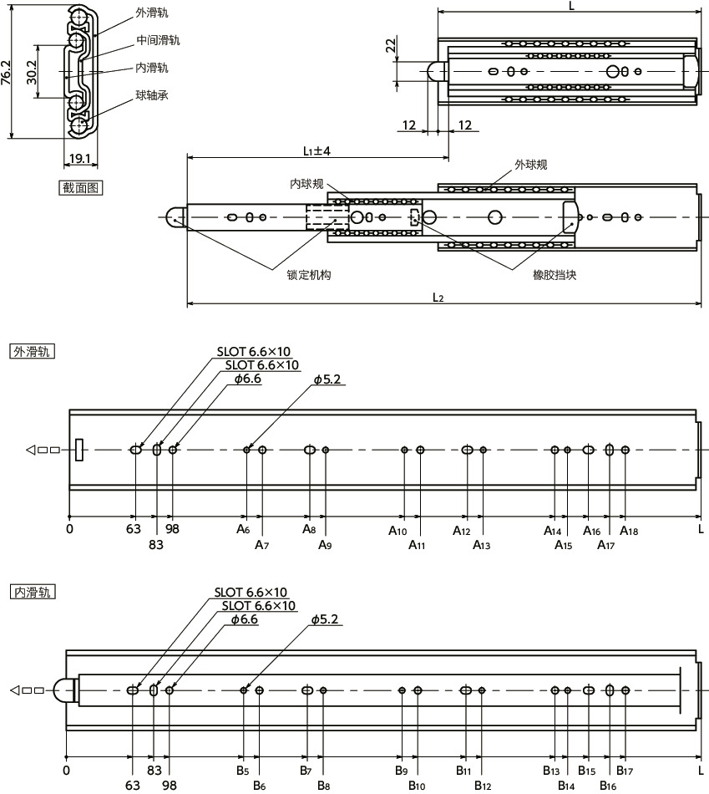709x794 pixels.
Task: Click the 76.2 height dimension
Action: (x=7, y=74)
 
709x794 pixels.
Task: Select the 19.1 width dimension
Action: (x=80, y=157)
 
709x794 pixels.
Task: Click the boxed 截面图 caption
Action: (x=80, y=187)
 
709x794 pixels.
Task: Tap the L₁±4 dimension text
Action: (x=317, y=151)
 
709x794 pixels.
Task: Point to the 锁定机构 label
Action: (x=308, y=274)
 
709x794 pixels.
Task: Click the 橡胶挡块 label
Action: (x=555, y=274)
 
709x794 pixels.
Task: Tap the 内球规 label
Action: (x=306, y=184)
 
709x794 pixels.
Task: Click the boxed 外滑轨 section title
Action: (x=32, y=351)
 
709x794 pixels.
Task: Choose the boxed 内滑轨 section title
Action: (x=32, y=592)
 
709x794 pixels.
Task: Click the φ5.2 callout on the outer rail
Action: (x=329, y=379)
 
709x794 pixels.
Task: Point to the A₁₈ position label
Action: (x=629, y=531)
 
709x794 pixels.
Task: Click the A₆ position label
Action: (x=243, y=530)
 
